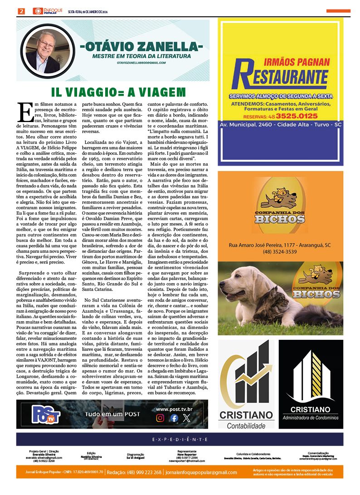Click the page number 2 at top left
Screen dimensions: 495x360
tap(21, 11)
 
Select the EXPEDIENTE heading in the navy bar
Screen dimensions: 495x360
tap(180, 440)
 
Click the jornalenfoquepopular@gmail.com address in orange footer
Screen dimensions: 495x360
tap(201, 472)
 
